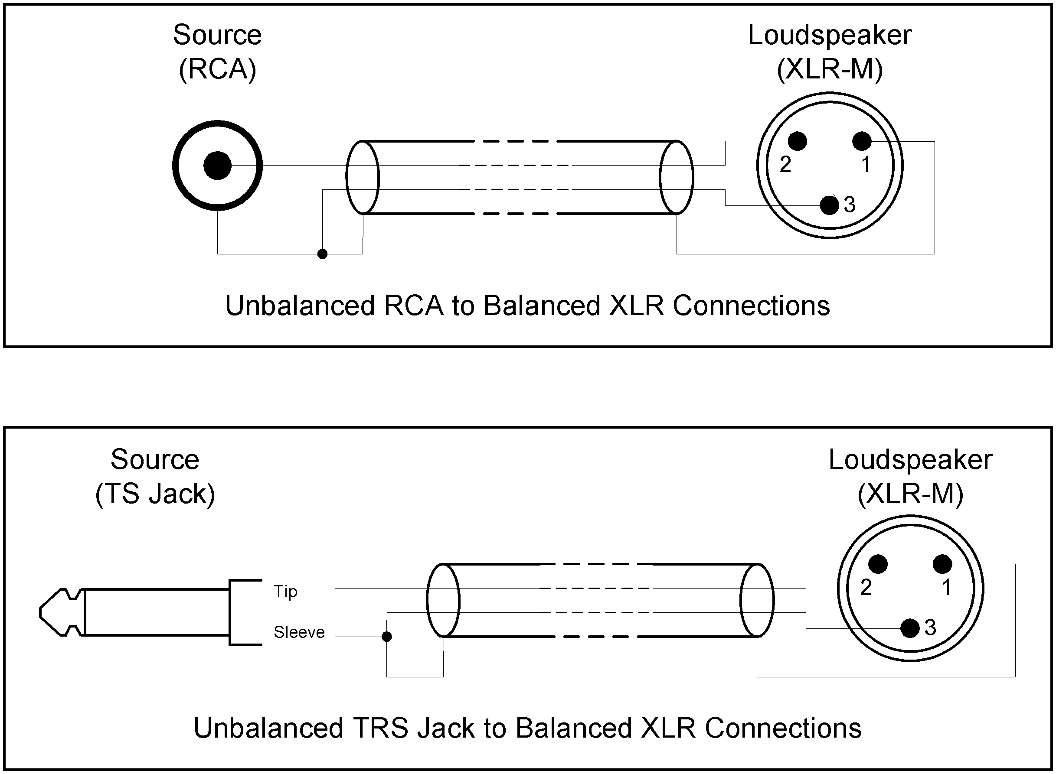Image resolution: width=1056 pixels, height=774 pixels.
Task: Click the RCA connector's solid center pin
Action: tap(217, 166)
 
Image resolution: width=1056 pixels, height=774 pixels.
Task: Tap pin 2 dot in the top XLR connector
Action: tap(797, 141)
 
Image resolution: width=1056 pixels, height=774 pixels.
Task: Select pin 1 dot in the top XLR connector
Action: tap(862, 141)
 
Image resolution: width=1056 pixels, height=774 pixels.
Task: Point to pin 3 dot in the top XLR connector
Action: tap(830, 205)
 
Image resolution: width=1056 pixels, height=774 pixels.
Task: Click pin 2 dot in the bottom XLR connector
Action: tap(878, 564)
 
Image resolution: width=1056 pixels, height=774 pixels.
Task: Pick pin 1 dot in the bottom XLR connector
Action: tap(942, 564)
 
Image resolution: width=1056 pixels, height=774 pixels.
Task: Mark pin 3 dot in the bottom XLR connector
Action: tap(910, 628)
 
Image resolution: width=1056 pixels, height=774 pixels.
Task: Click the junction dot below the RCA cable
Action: tap(322, 254)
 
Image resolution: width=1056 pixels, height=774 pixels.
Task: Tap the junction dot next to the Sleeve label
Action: tap(387, 636)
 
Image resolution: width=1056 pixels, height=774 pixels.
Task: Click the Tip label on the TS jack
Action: tap(285, 592)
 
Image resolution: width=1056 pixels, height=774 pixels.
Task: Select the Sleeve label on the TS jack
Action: tap(299, 633)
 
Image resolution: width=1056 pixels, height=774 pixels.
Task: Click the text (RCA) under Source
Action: tap(217, 69)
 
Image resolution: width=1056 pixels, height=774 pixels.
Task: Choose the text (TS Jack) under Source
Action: tap(155, 494)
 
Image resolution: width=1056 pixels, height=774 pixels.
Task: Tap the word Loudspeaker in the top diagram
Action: tap(830, 35)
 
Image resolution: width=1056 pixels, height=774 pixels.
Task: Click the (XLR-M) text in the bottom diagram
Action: tap(910, 494)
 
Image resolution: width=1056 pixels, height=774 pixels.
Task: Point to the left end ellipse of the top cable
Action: tap(363, 178)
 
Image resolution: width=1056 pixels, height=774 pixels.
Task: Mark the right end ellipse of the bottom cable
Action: tap(757, 600)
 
